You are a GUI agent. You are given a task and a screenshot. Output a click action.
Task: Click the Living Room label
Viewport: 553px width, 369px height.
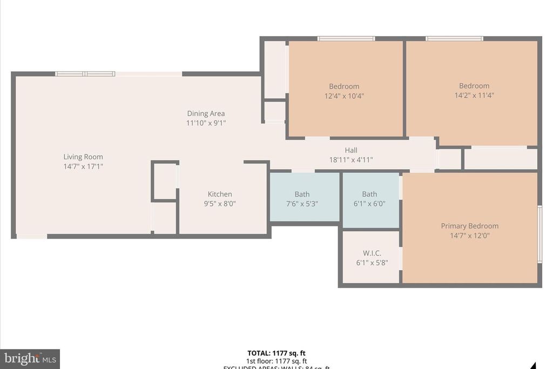coord(83,157)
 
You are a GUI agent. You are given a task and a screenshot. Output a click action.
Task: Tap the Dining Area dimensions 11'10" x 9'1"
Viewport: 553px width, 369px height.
coord(206,123)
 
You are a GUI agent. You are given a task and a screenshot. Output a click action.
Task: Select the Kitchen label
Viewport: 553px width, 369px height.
coord(220,194)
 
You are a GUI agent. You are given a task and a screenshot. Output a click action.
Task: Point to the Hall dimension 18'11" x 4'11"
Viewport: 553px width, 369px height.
coord(351,160)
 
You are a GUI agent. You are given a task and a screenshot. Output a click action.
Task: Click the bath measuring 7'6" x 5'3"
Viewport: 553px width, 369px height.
coord(302,199)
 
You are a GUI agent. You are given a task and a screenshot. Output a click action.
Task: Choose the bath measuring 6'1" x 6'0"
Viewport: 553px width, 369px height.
coord(369,199)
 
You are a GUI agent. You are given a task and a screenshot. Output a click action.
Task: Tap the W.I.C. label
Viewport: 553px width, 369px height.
coord(372,253)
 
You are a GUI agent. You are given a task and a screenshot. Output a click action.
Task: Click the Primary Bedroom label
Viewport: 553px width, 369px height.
coord(469,226)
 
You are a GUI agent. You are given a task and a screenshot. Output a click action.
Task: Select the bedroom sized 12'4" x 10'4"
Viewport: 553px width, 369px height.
coord(344,91)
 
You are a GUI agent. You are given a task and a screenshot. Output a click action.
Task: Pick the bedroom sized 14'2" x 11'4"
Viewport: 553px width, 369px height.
coord(474,90)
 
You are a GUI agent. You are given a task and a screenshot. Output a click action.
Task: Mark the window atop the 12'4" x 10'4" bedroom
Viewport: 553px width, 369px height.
coord(346,38)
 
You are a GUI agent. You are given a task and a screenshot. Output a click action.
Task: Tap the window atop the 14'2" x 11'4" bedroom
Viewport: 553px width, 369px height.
coord(454,38)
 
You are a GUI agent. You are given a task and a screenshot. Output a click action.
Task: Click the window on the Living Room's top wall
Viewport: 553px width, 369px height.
coord(85,74)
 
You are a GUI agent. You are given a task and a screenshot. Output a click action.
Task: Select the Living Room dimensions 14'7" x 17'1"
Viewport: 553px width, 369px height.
coord(83,166)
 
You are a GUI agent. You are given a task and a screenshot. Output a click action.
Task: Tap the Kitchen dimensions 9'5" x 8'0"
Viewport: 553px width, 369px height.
coord(220,204)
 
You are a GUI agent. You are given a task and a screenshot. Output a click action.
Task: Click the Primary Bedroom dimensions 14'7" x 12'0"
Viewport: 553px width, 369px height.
coord(469,236)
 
